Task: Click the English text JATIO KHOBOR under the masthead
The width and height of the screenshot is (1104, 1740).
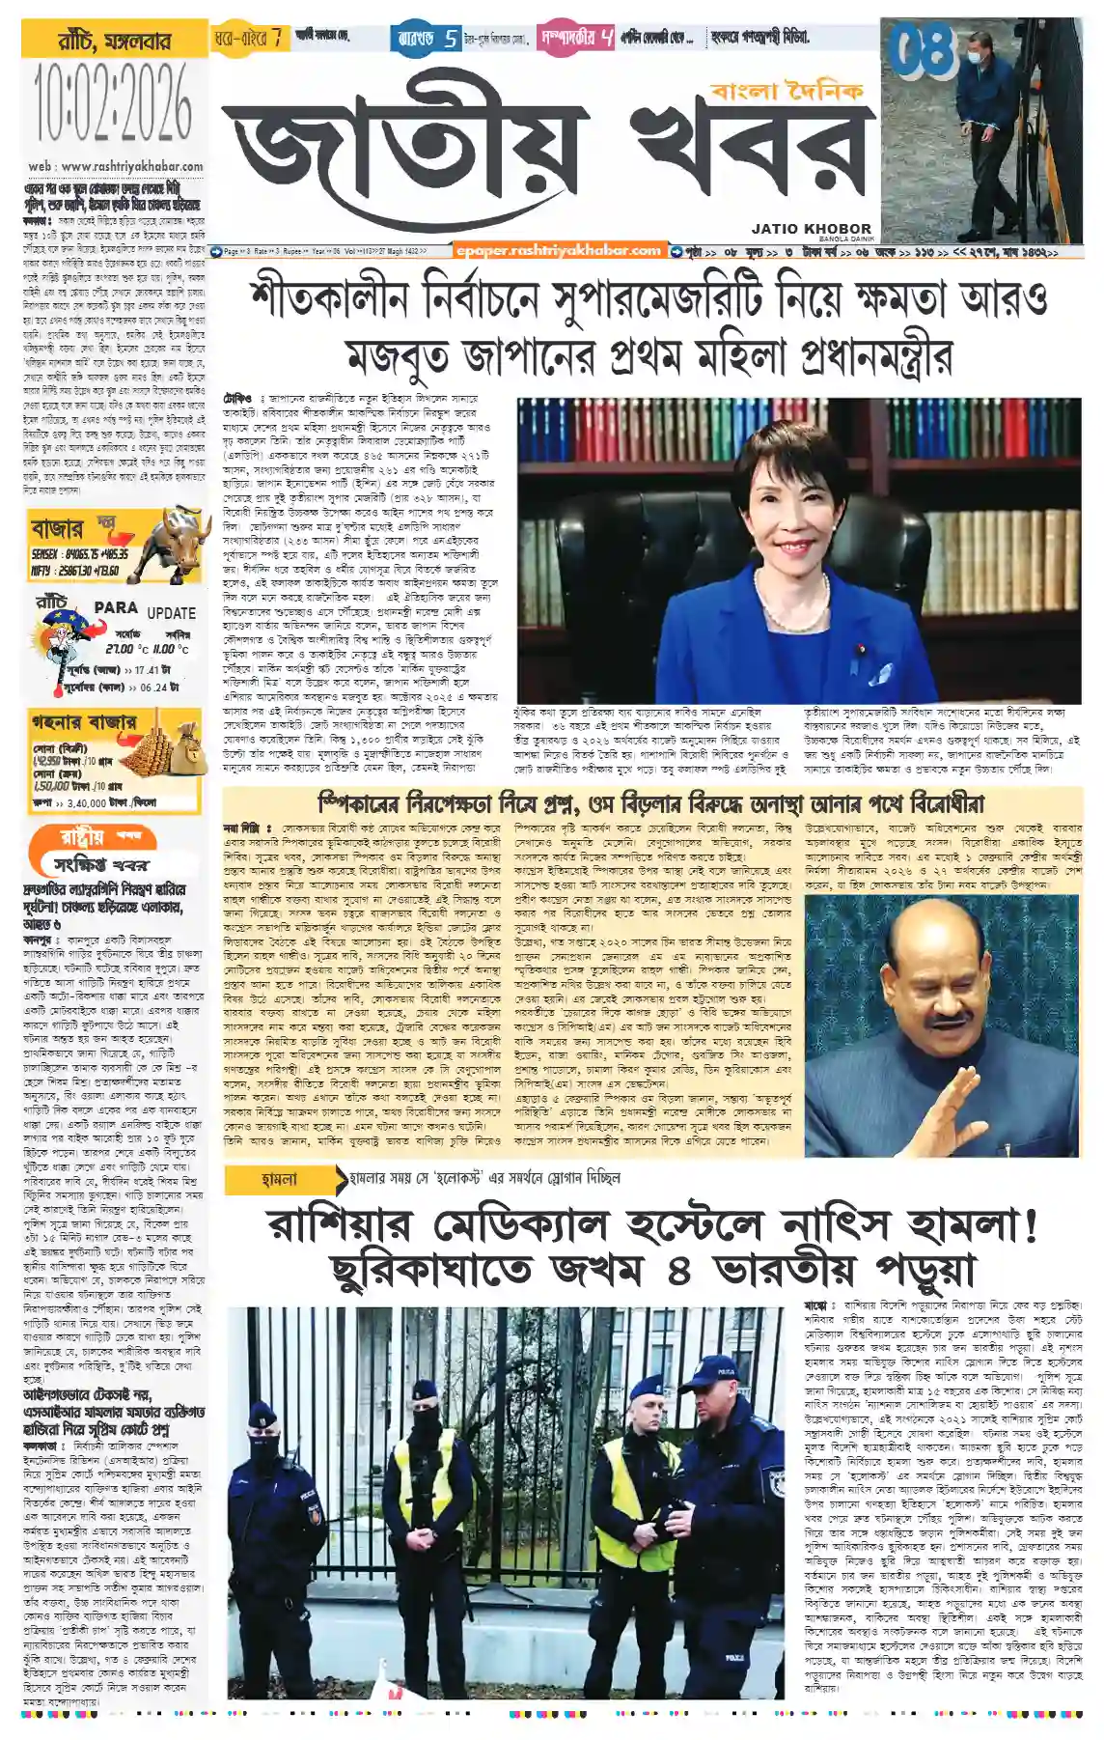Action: (x=811, y=229)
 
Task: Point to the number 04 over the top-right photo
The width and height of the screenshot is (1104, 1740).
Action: (x=922, y=50)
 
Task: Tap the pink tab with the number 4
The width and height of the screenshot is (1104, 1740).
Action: (x=576, y=39)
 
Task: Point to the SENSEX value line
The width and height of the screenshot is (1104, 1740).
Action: (x=80, y=555)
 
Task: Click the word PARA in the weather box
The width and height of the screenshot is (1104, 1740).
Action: (x=116, y=607)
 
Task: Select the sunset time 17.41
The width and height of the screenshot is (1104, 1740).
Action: (x=145, y=669)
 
